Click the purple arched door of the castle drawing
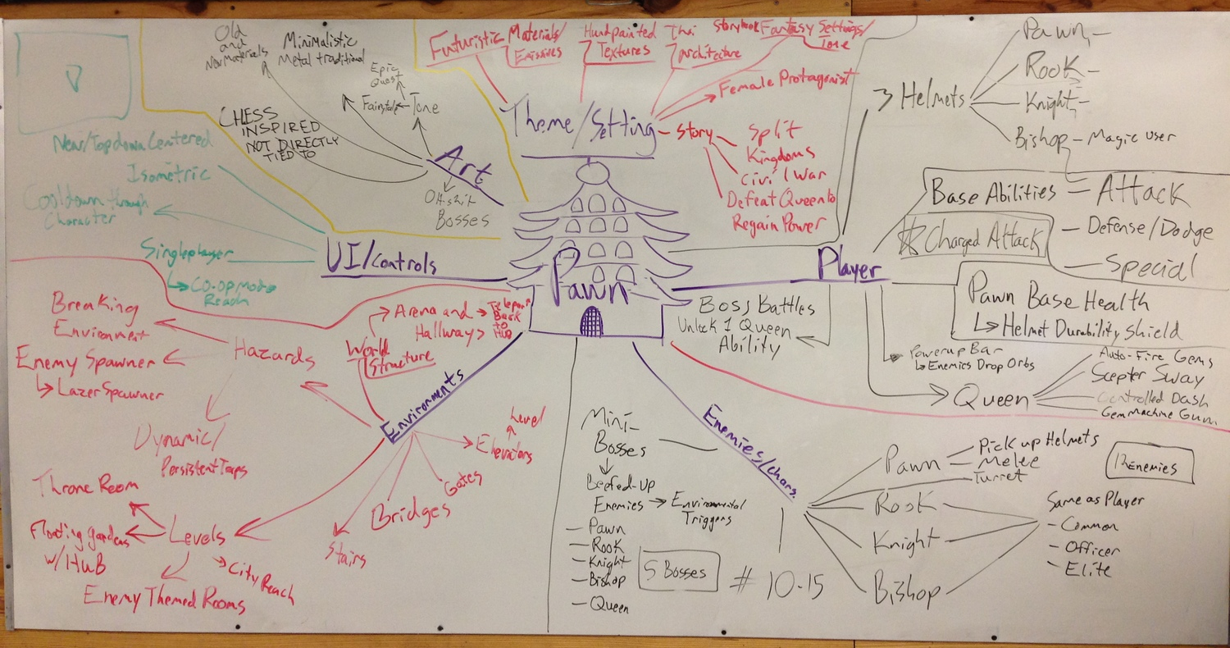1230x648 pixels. [590, 321]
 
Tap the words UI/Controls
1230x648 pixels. [379, 262]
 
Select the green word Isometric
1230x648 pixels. [168, 173]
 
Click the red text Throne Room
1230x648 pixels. [80, 484]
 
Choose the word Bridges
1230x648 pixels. [411, 514]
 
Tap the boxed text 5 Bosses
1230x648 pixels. [679, 570]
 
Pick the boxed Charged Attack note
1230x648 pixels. [973, 240]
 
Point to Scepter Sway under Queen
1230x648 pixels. [1146, 378]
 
